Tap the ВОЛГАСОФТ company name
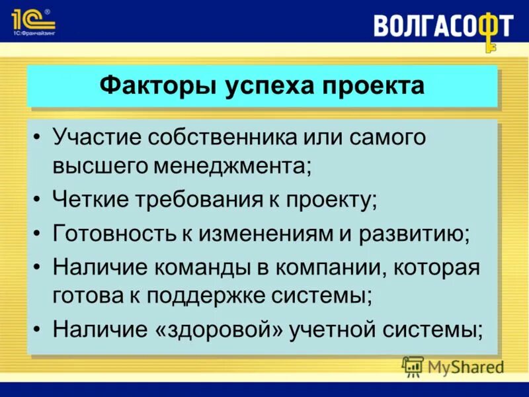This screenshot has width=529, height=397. [437, 26]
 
